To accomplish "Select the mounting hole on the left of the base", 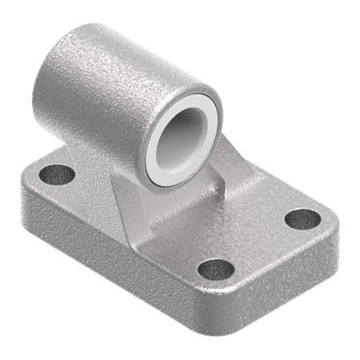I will pyautogui.click(x=57, y=173).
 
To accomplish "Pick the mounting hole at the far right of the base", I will pyautogui.click(x=302, y=218).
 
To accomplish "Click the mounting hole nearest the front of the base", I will pyautogui.click(x=216, y=268).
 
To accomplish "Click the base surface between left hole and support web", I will pyautogui.click(x=88, y=180).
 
